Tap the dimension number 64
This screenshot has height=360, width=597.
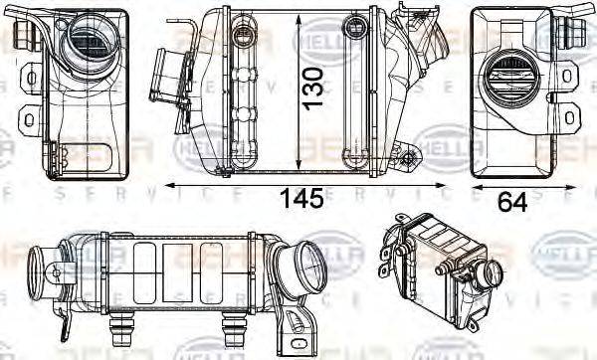tap(511, 201)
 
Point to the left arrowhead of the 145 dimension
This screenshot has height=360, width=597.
tap(169, 185)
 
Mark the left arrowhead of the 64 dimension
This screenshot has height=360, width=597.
tap(475, 185)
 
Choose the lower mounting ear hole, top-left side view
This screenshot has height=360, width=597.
tap(28, 120)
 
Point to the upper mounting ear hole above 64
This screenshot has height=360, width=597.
tap(567, 75)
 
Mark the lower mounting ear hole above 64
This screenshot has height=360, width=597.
tap(568, 118)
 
